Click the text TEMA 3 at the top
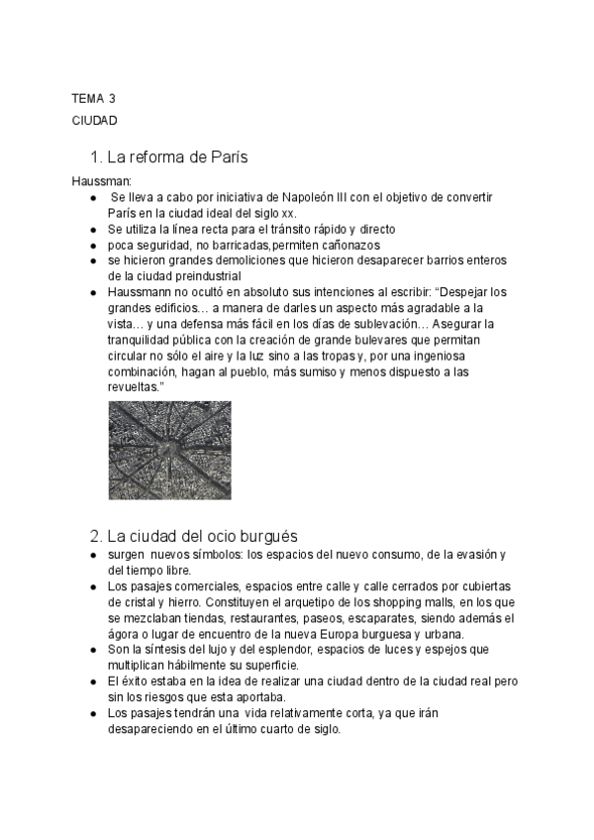click(x=93, y=98)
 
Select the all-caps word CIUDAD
click(x=95, y=120)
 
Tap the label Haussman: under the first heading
click(x=95, y=181)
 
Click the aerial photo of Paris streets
click(x=169, y=451)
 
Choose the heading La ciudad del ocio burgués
click(x=195, y=536)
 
